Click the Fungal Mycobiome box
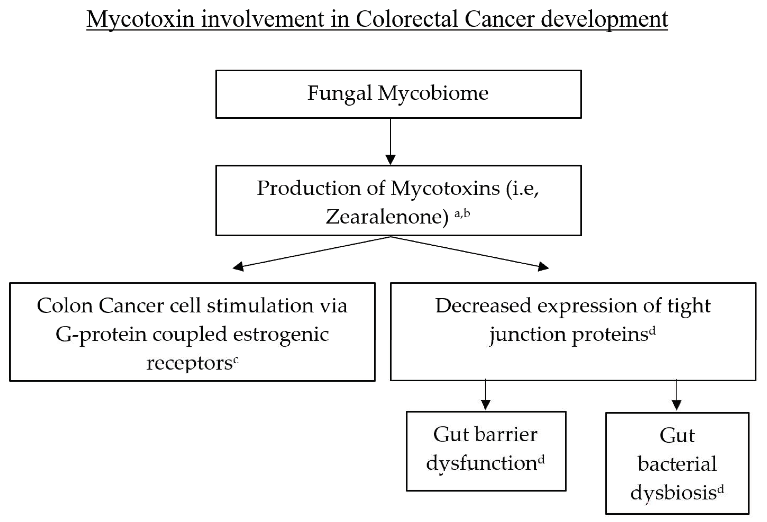tap(398, 94)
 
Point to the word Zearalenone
tap(387, 217)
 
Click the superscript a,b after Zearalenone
tap(462, 214)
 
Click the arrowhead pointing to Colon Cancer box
tap(238, 267)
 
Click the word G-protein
tap(101, 334)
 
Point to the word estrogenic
tap(281, 334)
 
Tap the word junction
tap(527, 335)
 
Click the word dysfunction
tap(482, 463)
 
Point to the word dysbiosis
tap(673, 493)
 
